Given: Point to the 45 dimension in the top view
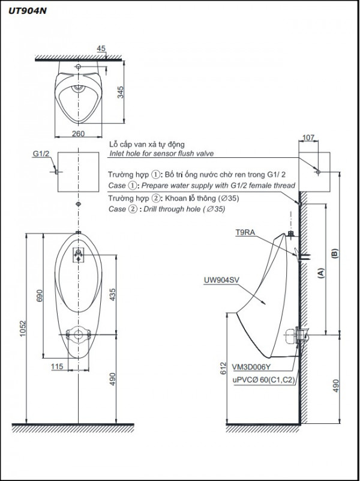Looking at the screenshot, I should coord(101,49).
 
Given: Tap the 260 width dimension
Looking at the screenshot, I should coord(78,133).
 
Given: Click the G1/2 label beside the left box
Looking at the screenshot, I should coord(41,154).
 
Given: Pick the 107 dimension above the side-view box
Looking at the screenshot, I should coord(308,138).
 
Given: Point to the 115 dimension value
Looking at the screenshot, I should coord(58,367).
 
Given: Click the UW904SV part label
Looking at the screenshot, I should coord(221,279).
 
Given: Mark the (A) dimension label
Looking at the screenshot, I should coord(321,273).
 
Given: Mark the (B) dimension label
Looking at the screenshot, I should coord(335,254).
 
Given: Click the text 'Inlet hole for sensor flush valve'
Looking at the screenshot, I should coord(160,154).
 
